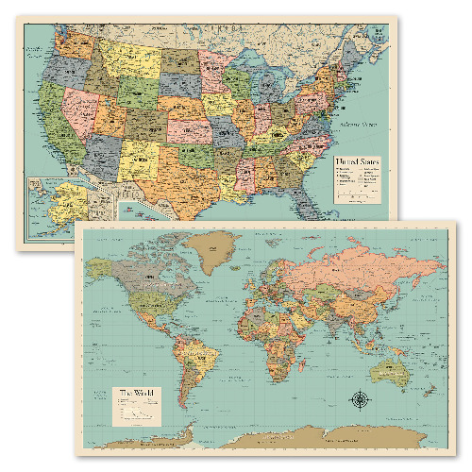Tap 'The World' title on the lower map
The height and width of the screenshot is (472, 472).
(134, 393)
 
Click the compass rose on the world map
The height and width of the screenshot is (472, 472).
(362, 399)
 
